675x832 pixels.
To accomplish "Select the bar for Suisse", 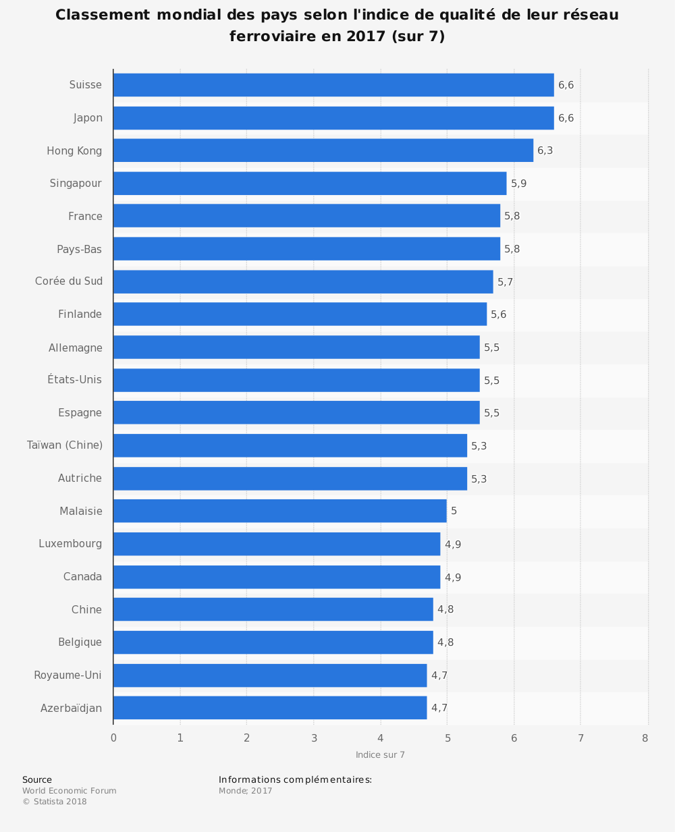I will [x=333, y=85].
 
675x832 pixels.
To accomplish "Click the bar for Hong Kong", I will [x=323, y=150].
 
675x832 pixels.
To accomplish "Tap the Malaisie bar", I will [x=280, y=511].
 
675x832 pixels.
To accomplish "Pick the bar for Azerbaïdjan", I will [x=270, y=708].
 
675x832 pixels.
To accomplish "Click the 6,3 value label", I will [x=545, y=150].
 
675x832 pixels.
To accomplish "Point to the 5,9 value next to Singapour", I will [x=518, y=184].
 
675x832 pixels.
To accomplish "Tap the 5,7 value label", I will [x=505, y=282].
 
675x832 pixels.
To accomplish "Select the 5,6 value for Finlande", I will [x=498, y=314].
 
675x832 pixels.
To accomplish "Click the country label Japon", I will [x=88, y=118].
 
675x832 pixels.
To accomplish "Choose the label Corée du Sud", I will [x=69, y=281].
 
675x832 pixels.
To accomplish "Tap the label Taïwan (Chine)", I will [x=65, y=445].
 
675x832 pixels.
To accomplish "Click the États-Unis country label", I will [x=75, y=380].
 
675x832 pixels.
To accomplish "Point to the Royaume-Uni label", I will [x=67, y=675].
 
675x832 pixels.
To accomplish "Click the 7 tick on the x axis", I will [x=580, y=738].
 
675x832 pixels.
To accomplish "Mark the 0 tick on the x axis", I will [x=113, y=738].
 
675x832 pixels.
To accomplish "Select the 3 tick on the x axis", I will [x=314, y=738].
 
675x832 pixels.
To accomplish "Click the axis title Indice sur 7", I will [x=380, y=755].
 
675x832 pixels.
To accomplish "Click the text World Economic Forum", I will [x=69, y=791].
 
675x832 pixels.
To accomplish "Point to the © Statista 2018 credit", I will [x=55, y=802].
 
